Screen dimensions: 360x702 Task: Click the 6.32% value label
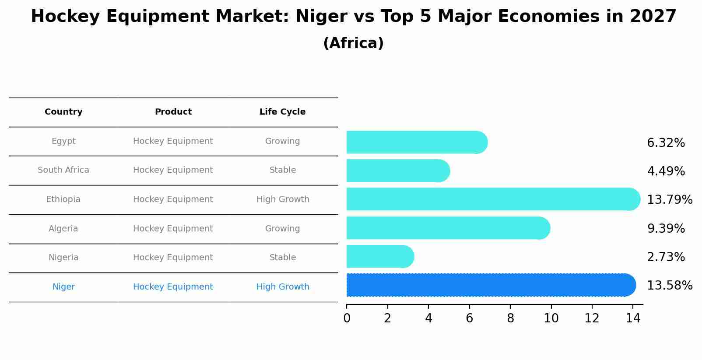pyautogui.click(x=665, y=143)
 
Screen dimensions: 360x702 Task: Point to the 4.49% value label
pyautogui.click(x=665, y=171)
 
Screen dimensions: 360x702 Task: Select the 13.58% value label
pyautogui.click(x=669, y=286)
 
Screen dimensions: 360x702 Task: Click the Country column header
pyautogui.click(x=63, y=112)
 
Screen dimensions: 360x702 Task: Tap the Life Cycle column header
pyautogui.click(x=282, y=112)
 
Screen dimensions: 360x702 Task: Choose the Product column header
pyautogui.click(x=173, y=112)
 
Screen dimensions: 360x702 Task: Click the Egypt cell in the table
pyautogui.click(x=63, y=141)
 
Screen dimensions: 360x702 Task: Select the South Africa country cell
pyautogui.click(x=63, y=170)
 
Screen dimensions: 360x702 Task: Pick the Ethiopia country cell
pyautogui.click(x=63, y=199)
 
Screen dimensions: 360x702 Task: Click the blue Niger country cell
pyautogui.click(x=63, y=287)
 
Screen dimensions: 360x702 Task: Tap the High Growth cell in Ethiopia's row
pyautogui.click(x=283, y=199)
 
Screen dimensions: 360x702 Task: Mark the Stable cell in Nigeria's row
pyautogui.click(x=283, y=258)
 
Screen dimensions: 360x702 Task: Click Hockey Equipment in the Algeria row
pyautogui.click(x=173, y=229)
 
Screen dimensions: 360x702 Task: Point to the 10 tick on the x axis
pyautogui.click(x=551, y=318)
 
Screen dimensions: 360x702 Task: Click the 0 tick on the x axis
pyautogui.click(x=347, y=318)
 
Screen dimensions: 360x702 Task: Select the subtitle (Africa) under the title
pyautogui.click(x=353, y=43)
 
